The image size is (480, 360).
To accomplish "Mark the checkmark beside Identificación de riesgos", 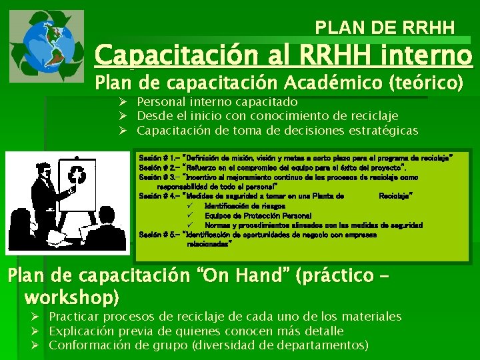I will pyautogui.click(x=190, y=207).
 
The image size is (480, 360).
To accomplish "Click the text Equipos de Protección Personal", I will pyautogui.click(x=249, y=216).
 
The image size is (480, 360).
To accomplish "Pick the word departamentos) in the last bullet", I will pyautogui.click(x=322, y=345).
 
